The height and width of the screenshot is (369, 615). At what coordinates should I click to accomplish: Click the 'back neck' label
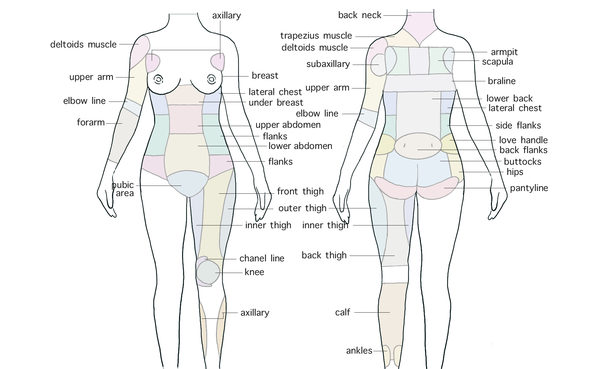(359, 15)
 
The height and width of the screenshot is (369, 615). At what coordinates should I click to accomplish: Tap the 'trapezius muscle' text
(316, 36)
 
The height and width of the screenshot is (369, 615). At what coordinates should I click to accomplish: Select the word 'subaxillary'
(328, 64)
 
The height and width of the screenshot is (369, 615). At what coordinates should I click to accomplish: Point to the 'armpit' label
(504, 52)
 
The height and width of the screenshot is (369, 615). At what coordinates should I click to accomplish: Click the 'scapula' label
(497, 62)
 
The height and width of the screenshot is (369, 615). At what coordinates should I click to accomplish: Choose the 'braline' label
(502, 81)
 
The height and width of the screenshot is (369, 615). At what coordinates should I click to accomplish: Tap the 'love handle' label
(523, 140)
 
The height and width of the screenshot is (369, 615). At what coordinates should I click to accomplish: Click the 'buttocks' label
(522, 162)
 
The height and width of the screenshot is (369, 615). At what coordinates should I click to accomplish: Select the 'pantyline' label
(529, 188)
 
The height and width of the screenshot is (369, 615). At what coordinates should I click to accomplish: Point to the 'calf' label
(343, 312)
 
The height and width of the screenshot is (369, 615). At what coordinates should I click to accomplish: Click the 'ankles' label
(359, 351)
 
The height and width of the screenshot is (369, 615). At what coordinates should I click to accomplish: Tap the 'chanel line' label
(262, 258)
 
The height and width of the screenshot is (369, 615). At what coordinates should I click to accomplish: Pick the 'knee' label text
(254, 272)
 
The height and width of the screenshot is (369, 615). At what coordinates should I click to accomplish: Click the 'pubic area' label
(123, 189)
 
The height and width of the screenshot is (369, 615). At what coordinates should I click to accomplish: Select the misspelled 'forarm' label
(91, 122)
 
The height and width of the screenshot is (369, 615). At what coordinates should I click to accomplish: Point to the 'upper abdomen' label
(288, 125)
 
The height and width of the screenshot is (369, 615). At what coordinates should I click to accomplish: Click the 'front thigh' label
(300, 191)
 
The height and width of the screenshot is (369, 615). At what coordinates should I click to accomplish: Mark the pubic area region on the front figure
(188, 184)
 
